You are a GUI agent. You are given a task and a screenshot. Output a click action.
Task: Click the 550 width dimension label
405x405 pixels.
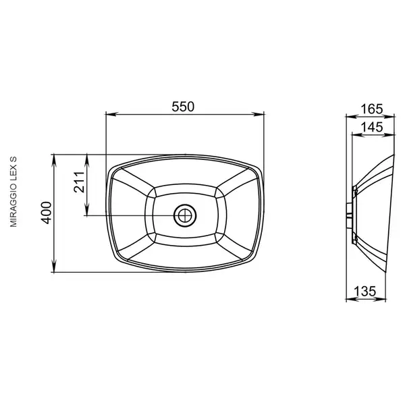183,107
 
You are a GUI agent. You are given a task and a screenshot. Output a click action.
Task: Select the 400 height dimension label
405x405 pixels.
47,213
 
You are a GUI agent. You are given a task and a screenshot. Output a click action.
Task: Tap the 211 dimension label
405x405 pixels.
79,182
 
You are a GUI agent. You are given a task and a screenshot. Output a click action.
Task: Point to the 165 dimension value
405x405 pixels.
372,109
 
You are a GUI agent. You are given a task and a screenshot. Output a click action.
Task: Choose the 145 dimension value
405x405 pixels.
372,127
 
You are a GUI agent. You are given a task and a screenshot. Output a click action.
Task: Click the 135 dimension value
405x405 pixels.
364,292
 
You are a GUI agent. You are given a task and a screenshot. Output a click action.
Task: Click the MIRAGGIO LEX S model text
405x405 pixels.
13,192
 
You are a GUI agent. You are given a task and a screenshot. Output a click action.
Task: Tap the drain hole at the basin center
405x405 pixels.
185,215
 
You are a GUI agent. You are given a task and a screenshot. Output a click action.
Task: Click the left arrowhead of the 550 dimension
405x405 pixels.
112,114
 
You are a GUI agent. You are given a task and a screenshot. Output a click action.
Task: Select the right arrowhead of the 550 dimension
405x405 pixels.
258,114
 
